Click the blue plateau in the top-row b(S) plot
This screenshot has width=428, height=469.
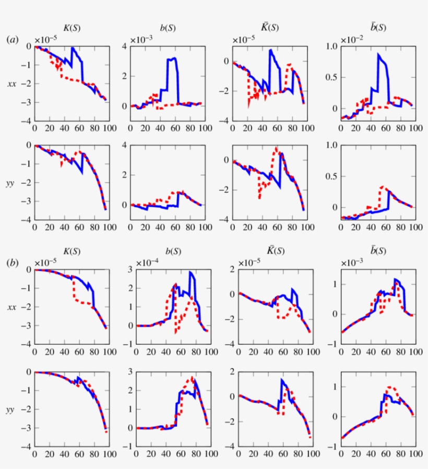(172, 59)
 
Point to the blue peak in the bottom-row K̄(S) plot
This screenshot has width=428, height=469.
(282, 380)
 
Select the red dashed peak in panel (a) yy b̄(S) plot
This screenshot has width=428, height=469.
(383, 186)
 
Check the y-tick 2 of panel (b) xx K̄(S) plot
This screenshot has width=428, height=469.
(229, 269)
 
